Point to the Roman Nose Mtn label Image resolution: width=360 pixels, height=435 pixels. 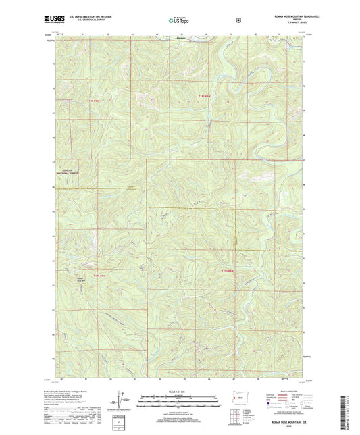pyautogui.click(x=80, y=278)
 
